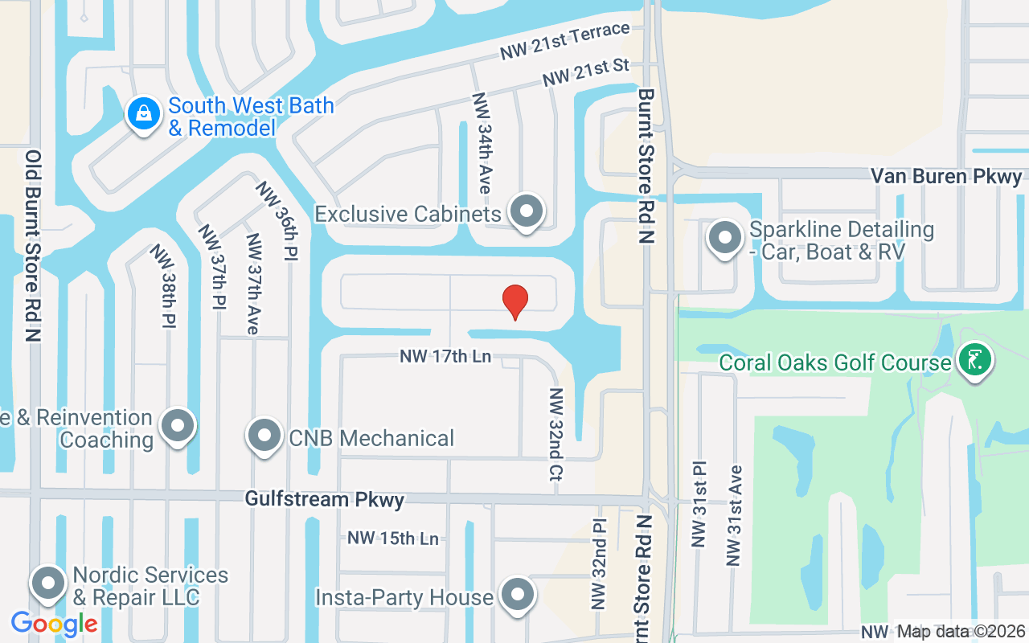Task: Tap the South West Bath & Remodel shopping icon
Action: [x=143, y=114]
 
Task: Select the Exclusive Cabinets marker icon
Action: [x=527, y=212]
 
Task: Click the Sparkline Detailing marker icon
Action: [x=725, y=239]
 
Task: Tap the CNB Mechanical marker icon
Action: [x=264, y=436]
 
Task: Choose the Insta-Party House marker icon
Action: [x=517, y=596]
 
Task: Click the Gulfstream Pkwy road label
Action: [x=325, y=499]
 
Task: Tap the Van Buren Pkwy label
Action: [x=947, y=177]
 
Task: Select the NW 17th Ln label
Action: [x=445, y=356]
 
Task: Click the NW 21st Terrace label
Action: [x=564, y=41]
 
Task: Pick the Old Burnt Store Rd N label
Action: [x=33, y=246]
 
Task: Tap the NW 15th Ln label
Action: [x=393, y=538]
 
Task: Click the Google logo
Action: [x=54, y=623]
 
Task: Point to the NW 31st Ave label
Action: [x=734, y=514]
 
